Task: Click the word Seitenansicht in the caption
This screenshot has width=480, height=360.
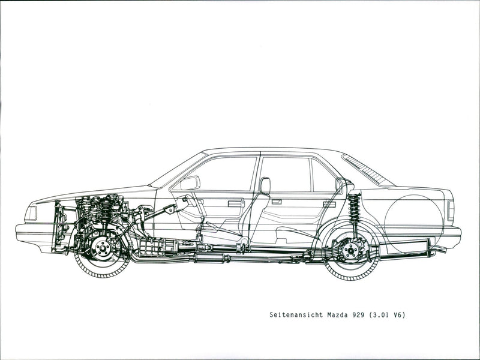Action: click(x=296, y=314)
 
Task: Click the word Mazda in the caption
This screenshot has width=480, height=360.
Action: click(x=337, y=314)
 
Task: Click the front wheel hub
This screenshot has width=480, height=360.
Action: click(x=101, y=248)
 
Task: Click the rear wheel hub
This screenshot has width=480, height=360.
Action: click(x=350, y=251)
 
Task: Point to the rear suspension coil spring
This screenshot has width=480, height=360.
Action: click(x=354, y=208)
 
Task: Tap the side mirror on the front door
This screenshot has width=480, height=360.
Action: click(x=190, y=183)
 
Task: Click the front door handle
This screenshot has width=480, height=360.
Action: click(x=236, y=203)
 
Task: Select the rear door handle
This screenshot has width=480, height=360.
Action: click(x=329, y=203)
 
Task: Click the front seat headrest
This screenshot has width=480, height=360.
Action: click(x=265, y=185)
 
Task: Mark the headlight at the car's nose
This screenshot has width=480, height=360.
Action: click(x=31, y=213)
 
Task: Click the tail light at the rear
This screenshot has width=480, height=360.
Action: click(x=451, y=211)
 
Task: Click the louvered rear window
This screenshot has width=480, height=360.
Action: click(x=368, y=169)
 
